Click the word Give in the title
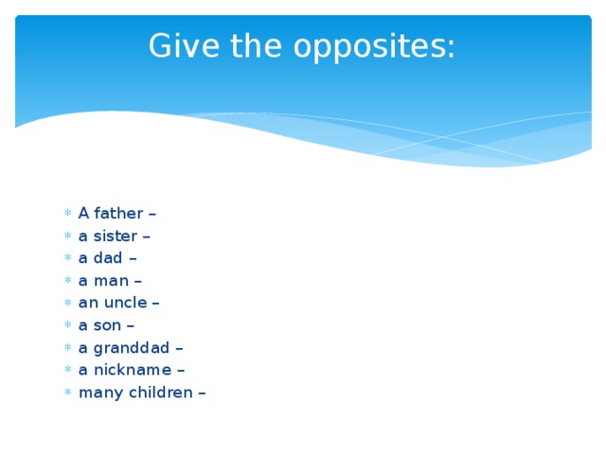(177, 45)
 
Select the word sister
(115, 236)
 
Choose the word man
(111, 281)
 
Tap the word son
(107, 325)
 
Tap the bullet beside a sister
(67, 236)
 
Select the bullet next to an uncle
(67, 304)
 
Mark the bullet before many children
(67, 393)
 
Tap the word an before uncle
(87, 304)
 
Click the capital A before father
(83, 213)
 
